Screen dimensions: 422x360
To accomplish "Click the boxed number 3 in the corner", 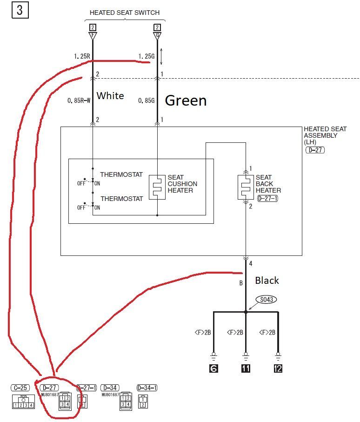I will pos(20,10).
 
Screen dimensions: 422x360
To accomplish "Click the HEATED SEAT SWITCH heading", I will pos(125,13).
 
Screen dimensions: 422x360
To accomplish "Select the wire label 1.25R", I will pos(81,56).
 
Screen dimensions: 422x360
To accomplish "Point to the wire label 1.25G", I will pos(146,56).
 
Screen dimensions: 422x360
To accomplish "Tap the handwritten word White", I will pos(110,96).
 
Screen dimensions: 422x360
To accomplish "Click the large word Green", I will pos(186,100).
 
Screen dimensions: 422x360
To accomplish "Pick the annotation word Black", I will pos(267,280).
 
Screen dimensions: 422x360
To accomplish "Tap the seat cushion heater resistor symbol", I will pos(157,187).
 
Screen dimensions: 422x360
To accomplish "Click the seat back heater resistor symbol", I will pos(246,187).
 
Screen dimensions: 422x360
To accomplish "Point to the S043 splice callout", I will pos(266,300).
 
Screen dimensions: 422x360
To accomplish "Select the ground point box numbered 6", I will pos(213,369).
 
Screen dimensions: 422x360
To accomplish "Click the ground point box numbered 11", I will pos(246,369).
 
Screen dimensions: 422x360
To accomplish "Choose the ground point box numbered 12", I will pos(278,369).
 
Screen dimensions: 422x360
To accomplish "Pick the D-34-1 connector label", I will pos(147,387).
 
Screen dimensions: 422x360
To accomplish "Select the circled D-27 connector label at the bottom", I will pos(48,387).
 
